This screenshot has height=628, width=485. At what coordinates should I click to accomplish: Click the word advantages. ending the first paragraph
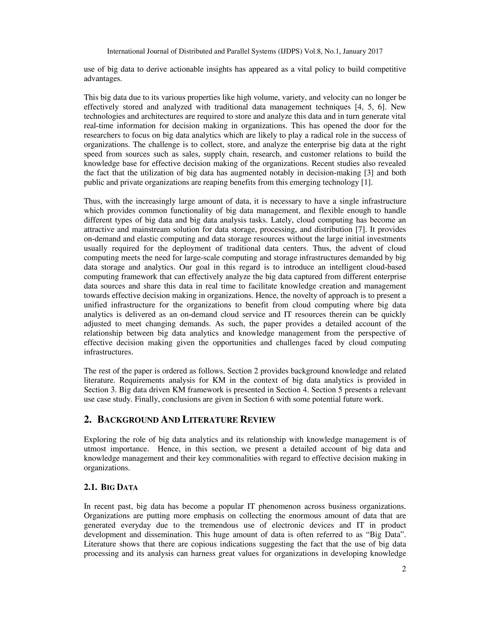point(103,79)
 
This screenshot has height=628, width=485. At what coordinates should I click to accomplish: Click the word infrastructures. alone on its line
point(108,352)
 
